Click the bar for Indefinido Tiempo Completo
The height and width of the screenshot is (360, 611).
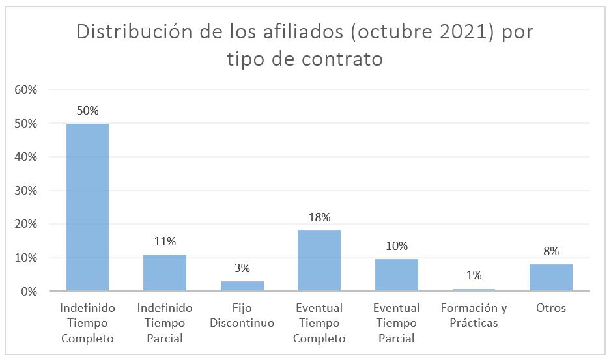click(x=87, y=207)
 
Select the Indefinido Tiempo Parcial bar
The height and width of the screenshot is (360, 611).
click(x=165, y=273)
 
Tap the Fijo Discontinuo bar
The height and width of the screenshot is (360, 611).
click(x=242, y=286)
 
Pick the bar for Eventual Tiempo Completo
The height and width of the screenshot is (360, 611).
click(x=319, y=260)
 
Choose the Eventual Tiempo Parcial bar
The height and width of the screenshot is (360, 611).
click(x=396, y=275)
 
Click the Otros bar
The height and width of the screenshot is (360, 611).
click(x=550, y=278)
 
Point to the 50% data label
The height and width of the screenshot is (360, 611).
click(x=87, y=111)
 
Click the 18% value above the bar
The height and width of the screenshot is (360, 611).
click(x=319, y=217)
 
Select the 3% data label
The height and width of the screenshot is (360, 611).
click(x=242, y=268)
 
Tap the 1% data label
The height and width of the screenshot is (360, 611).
click(x=474, y=275)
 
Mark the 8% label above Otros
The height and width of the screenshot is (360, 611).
click(x=550, y=251)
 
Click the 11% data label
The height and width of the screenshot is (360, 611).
click(x=165, y=242)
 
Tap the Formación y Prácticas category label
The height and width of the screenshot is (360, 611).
click(x=474, y=315)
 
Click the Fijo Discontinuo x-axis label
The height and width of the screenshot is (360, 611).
click(x=242, y=315)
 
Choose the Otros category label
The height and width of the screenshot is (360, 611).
click(x=550, y=308)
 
